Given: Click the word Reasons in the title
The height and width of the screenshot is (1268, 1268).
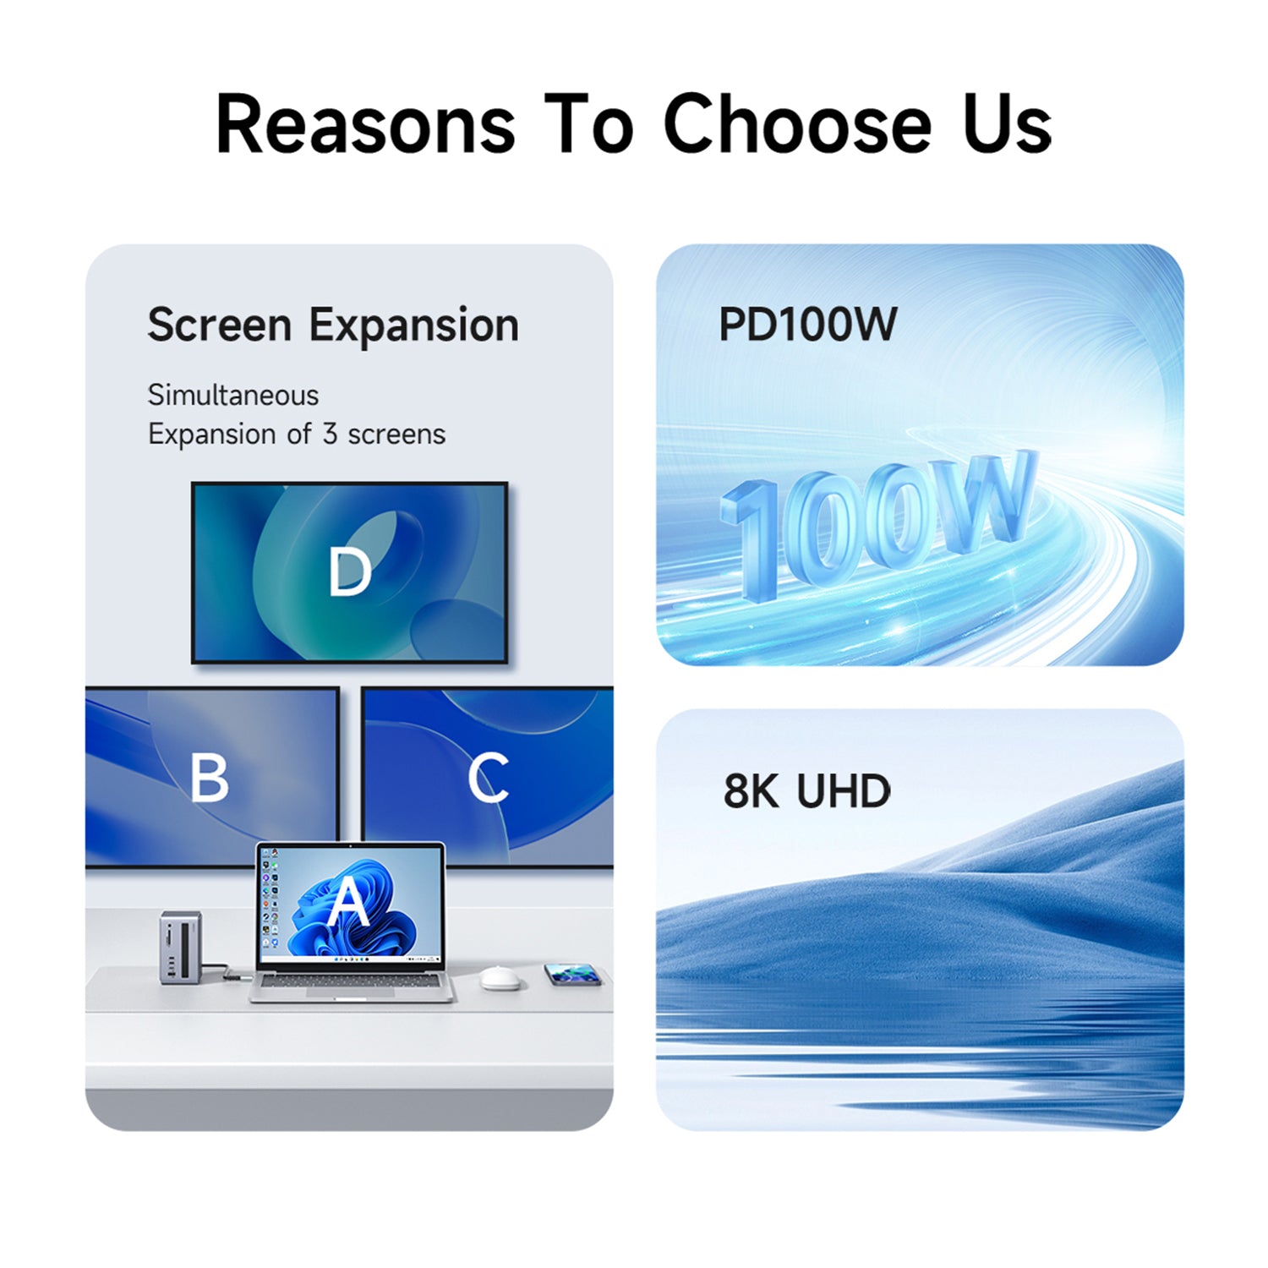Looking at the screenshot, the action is tap(365, 124).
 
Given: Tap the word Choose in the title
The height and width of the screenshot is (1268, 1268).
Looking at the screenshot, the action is tap(796, 124).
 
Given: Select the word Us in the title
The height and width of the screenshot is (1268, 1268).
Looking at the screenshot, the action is tap(1007, 124).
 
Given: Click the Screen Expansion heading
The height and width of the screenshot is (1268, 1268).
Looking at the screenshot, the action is tap(333, 325).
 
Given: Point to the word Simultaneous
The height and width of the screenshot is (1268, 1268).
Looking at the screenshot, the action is tap(233, 395).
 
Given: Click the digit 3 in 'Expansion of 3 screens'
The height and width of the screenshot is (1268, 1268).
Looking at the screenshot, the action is tap(330, 435).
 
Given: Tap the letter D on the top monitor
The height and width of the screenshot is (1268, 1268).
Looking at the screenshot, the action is tap(349, 572).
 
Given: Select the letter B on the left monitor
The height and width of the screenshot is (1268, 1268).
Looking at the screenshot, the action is tap(209, 778).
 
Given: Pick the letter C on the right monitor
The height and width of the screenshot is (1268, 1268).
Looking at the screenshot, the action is tap(488, 778).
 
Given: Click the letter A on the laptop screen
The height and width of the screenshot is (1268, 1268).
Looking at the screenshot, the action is tap(348, 902).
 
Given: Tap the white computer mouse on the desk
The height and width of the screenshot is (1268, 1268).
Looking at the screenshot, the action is tap(500, 979).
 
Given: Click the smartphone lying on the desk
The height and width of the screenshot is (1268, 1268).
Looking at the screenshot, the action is tap(573, 975).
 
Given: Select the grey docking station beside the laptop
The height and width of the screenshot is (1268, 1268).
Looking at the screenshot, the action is tap(181, 948).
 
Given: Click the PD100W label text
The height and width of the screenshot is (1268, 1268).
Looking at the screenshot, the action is tap(807, 325).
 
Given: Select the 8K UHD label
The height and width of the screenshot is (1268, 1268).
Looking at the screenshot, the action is tap(806, 791).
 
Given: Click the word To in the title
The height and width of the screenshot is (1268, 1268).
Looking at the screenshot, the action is tap(588, 124).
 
